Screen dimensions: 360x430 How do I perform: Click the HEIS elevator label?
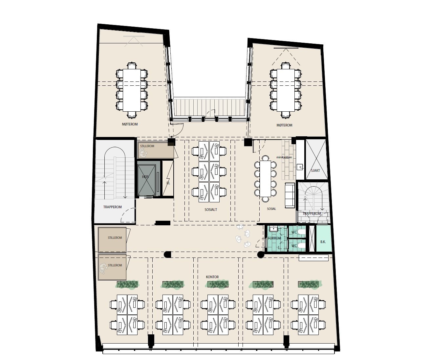point(145,177)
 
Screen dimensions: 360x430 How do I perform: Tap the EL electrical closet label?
point(168,183)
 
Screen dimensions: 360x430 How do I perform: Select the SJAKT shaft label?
point(315,170)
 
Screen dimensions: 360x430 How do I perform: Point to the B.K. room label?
point(323,242)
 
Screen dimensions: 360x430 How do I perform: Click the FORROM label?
point(274,238)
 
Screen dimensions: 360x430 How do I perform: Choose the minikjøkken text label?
point(284,157)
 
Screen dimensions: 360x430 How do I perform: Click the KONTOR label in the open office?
point(212,277)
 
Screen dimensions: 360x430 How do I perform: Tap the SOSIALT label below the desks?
point(211,209)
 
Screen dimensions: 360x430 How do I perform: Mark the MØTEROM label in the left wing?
point(130,124)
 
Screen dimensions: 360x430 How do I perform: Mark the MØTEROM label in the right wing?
point(284,125)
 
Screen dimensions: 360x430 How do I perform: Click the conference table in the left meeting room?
point(131,90)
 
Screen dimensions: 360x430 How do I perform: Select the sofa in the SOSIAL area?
point(290,195)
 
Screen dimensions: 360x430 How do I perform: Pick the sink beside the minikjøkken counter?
point(300,167)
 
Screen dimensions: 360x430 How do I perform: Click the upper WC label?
point(294,232)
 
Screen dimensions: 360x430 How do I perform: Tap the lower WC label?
point(294,246)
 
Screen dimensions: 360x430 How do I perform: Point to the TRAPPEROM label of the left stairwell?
point(112,207)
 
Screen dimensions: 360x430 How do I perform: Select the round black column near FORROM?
point(261,254)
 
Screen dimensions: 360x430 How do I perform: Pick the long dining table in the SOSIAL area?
point(266,178)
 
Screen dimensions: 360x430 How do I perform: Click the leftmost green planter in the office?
point(128,284)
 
